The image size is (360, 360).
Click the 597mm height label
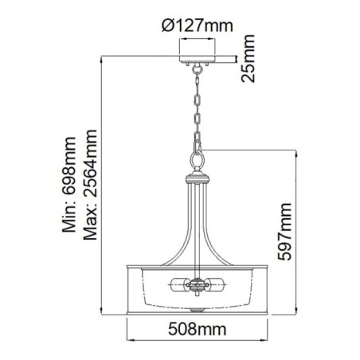click(x=288, y=232)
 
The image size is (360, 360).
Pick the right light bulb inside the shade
click(x=212, y=284)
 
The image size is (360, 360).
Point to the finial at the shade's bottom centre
click(x=195, y=308)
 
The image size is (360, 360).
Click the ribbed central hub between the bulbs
click(x=195, y=284)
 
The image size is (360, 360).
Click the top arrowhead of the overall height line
click(x=107, y=58)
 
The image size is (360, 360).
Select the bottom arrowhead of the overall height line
click(x=107, y=311)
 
